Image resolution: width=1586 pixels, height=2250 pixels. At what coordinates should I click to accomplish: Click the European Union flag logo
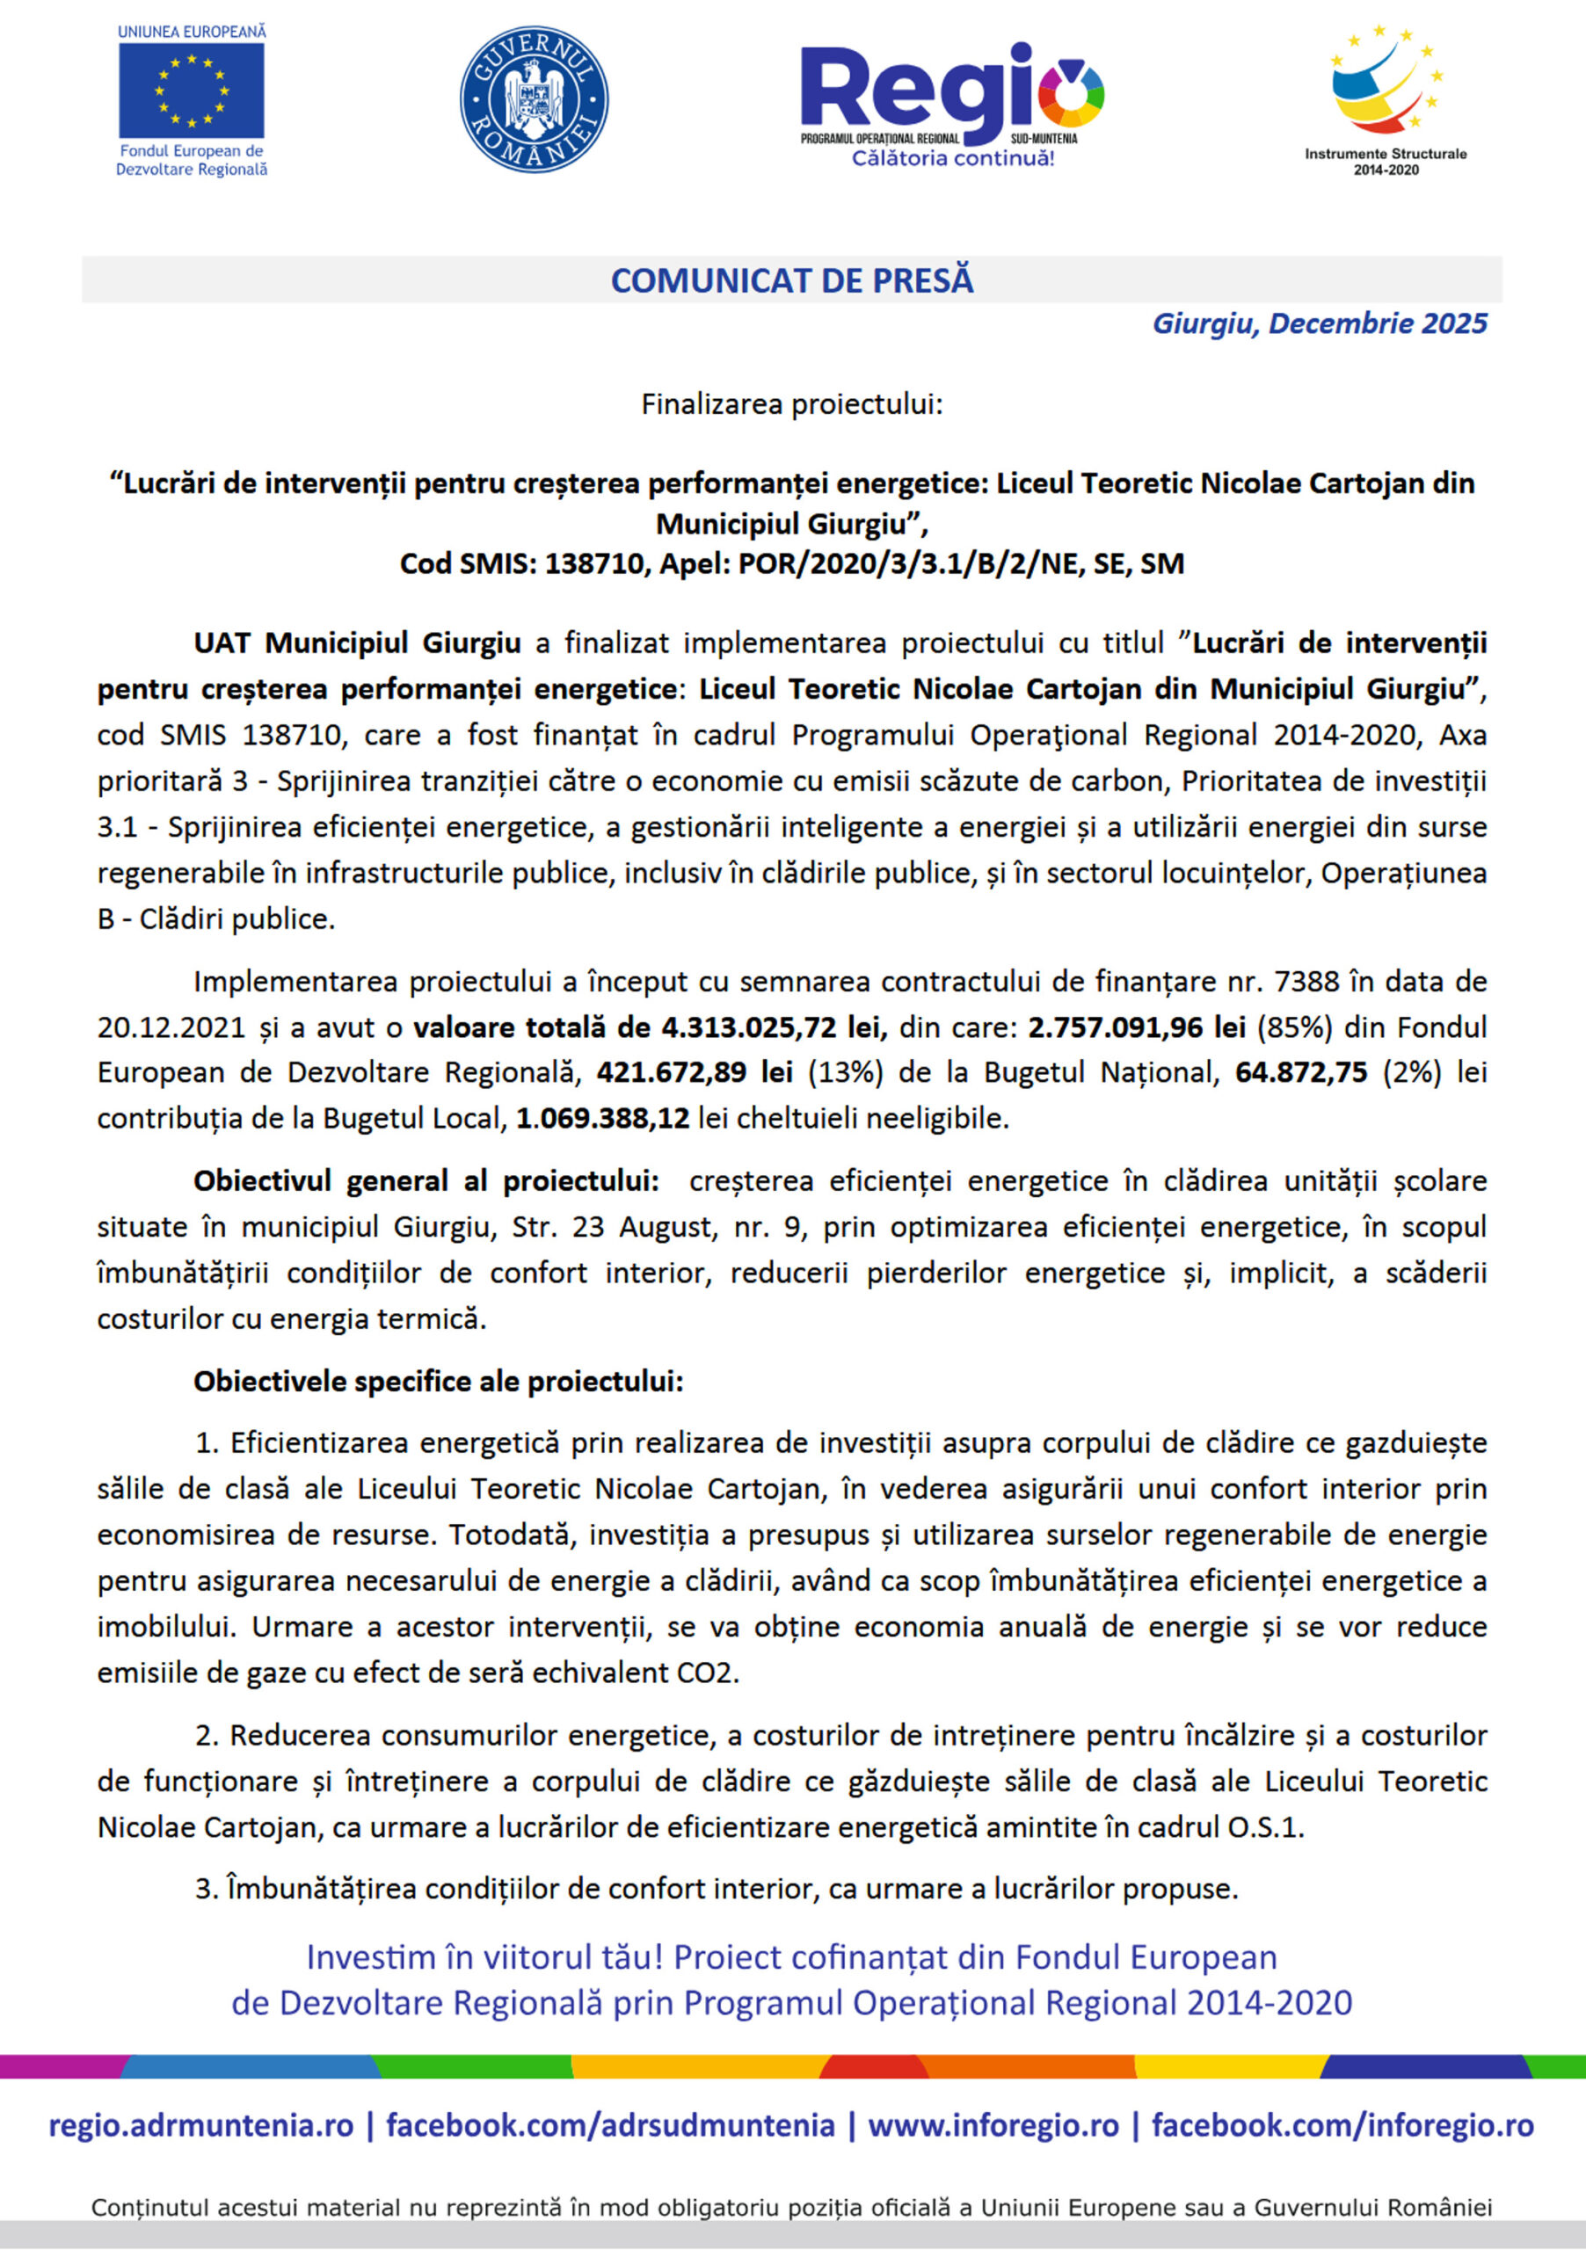pos(191,91)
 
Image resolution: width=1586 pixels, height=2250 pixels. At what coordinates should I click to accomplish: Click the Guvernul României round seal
pos(534,99)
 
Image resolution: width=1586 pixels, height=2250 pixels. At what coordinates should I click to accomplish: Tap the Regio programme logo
pos(952,104)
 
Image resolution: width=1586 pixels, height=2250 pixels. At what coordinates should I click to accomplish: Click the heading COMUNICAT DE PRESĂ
pos(792,280)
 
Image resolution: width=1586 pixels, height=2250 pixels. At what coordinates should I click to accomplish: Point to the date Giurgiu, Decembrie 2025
pos(1320,323)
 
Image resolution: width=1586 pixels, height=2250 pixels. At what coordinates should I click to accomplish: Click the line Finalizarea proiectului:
pos(792,403)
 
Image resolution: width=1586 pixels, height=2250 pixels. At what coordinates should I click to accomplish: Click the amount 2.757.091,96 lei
pos(1136,1027)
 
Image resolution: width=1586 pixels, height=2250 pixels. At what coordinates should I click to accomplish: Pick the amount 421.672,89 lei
pos(694,1072)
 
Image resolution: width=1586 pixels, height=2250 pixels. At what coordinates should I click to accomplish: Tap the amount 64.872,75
pos(1301,1072)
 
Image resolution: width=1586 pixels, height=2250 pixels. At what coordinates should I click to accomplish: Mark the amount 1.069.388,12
pos(603,1118)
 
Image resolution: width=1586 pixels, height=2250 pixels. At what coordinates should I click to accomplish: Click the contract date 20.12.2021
pos(171,1027)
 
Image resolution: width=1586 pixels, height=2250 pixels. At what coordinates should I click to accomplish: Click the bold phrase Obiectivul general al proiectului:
pos(426,1181)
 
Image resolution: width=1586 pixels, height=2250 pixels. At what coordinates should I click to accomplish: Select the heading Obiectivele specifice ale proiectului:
pos(438,1381)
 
